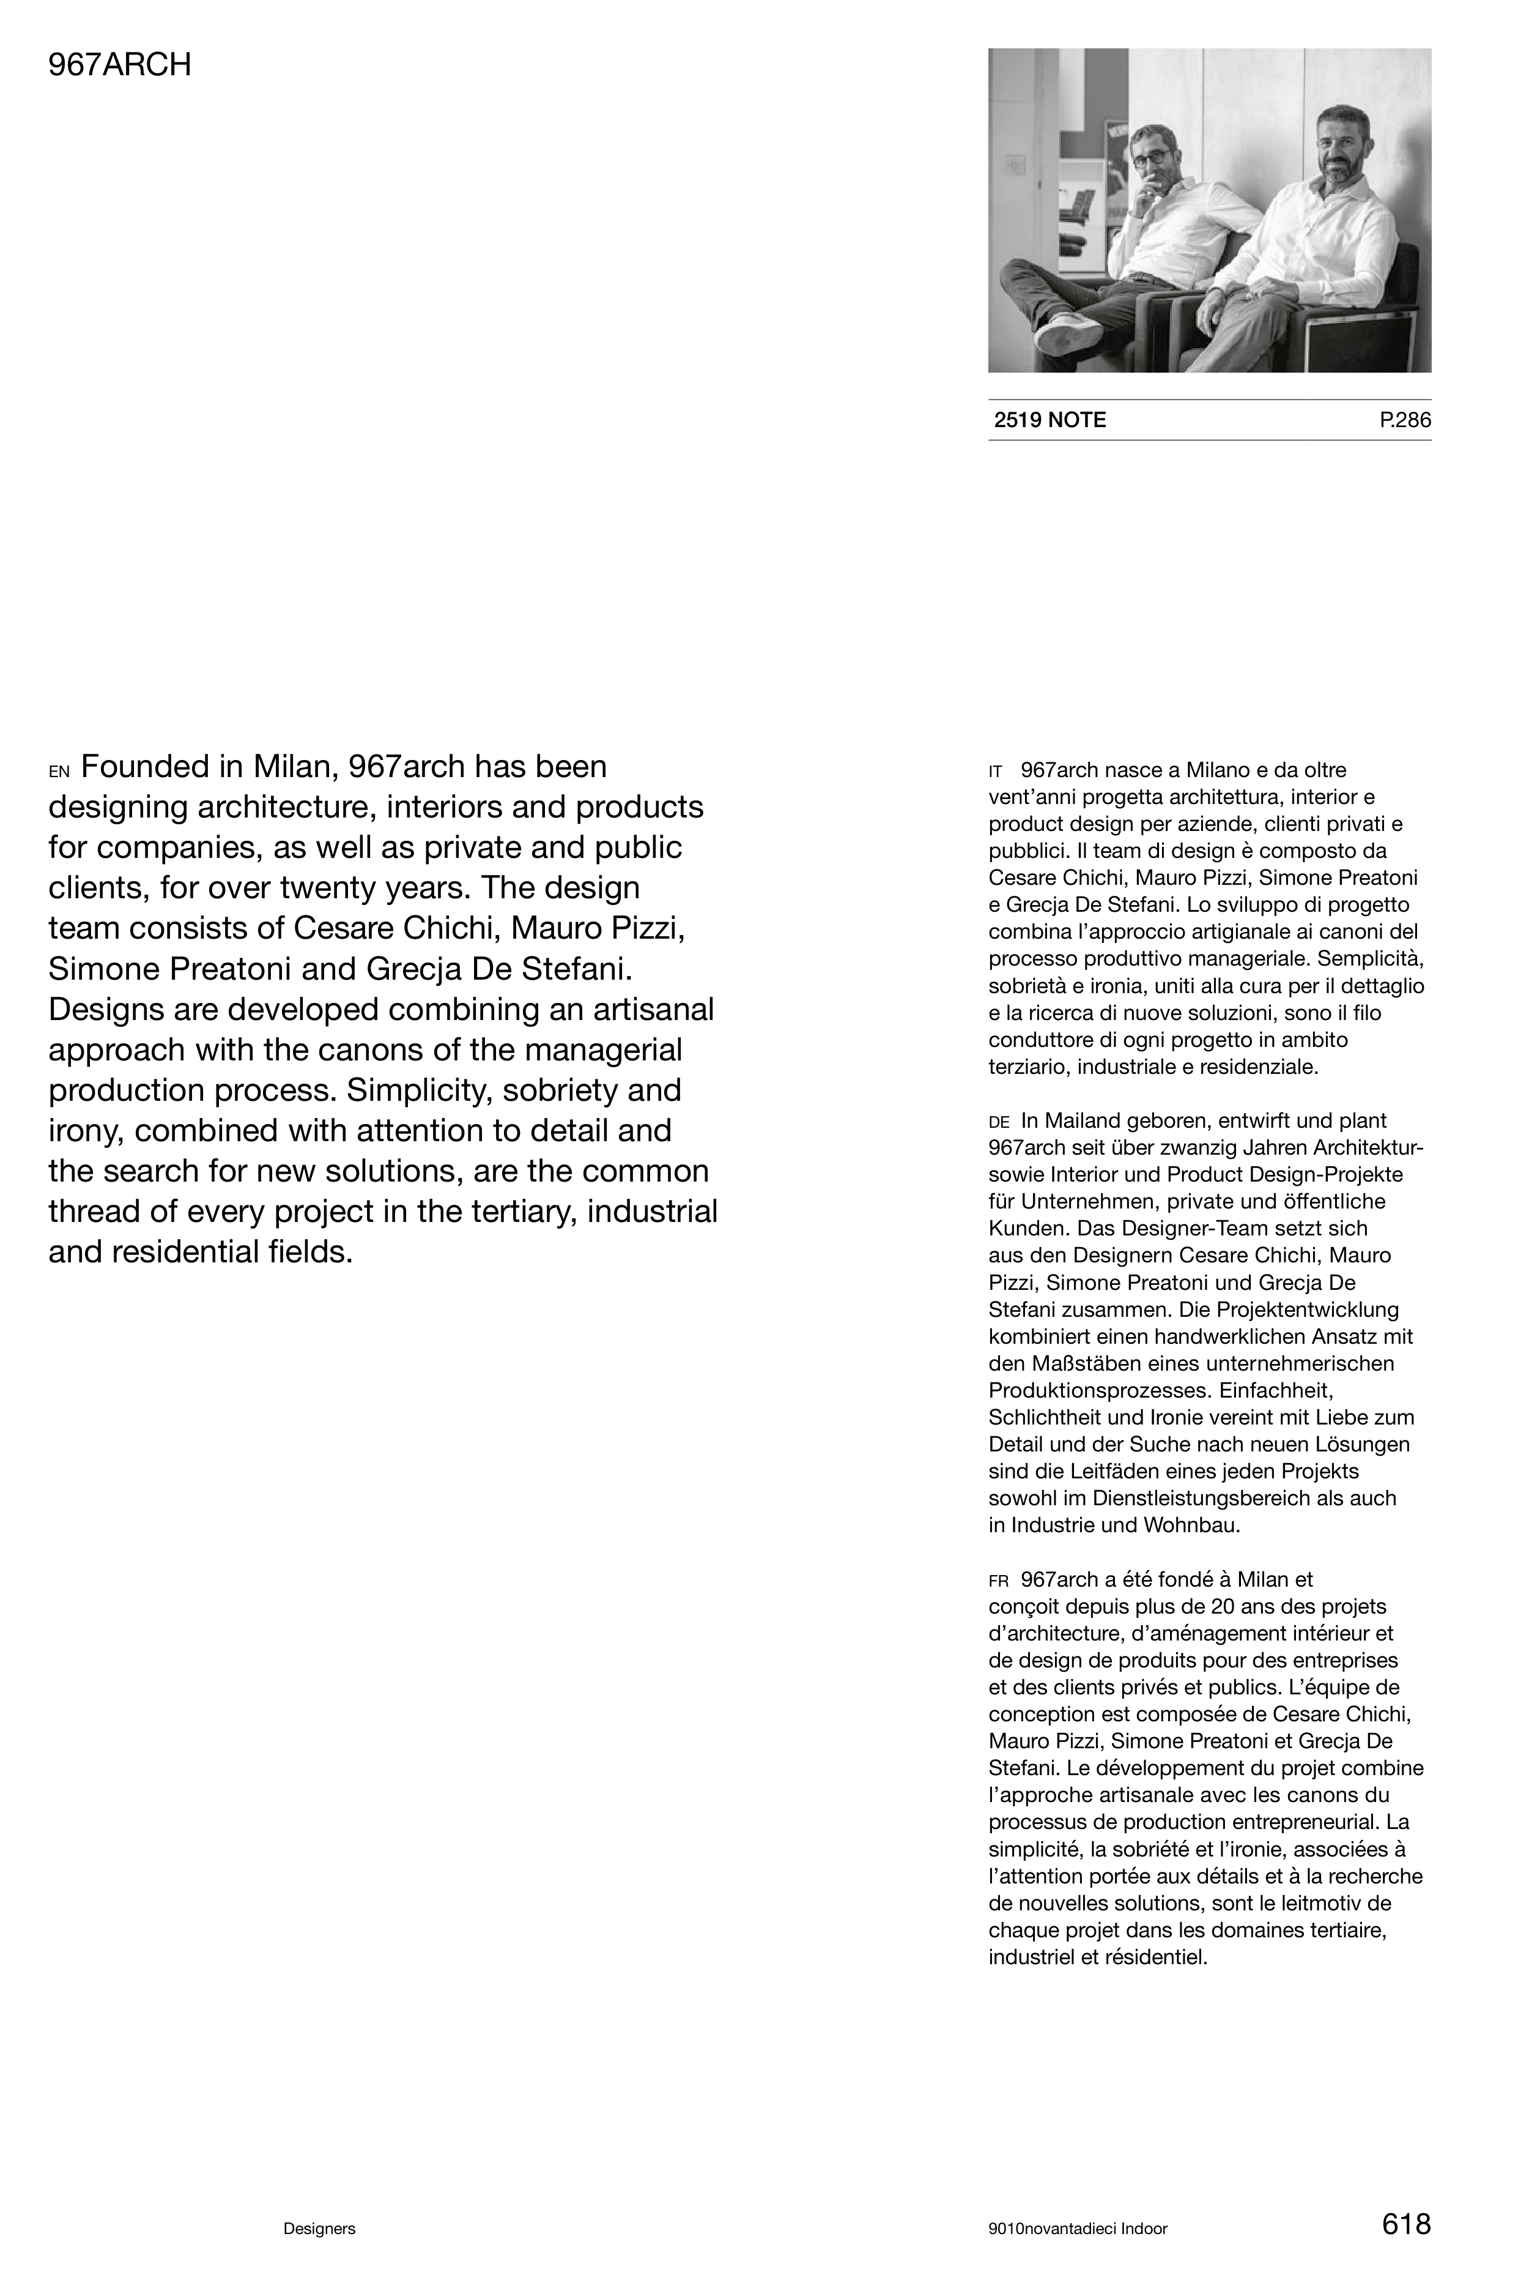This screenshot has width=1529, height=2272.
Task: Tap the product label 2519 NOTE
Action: coord(1050,420)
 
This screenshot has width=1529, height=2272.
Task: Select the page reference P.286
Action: coord(1405,420)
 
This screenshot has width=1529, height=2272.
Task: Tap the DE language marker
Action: coord(999,1123)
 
